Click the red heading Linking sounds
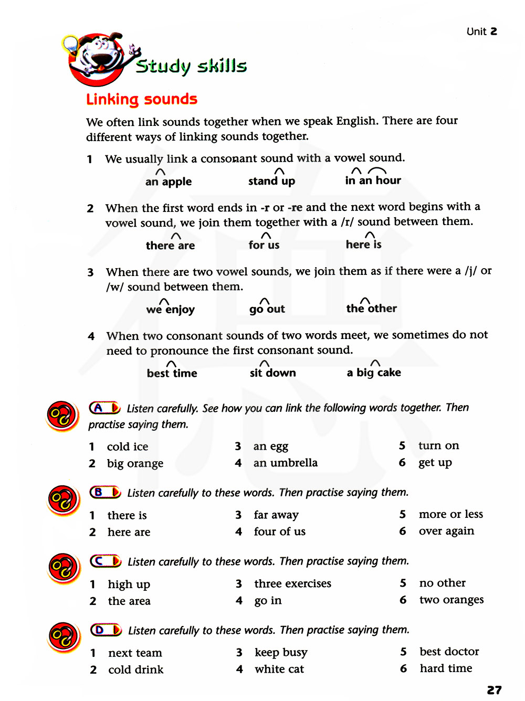coord(142,99)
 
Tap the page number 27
coord(494,690)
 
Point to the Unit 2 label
coord(481,31)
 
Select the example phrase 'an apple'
coord(169,182)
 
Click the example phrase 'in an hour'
coord(373,180)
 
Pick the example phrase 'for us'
coord(264,245)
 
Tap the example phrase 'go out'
coord(267,309)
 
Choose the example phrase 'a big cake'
coord(374,373)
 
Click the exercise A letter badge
coord(104,408)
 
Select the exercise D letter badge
coord(106,630)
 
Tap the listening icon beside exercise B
coord(63,500)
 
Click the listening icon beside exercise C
coord(63,568)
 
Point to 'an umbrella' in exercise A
coord(285,463)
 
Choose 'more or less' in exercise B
coord(450,514)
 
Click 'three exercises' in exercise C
coord(292,583)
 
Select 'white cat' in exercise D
coord(279,669)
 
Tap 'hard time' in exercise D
coord(446,668)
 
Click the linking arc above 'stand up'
coord(280,171)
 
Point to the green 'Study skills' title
coord(191,66)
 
